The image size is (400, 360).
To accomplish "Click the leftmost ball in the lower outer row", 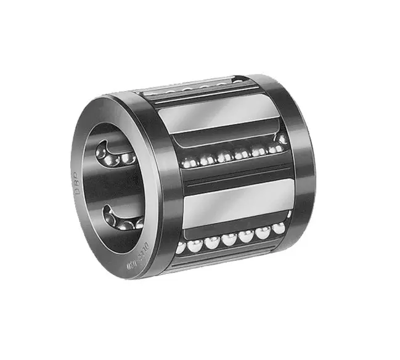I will coord(181,247).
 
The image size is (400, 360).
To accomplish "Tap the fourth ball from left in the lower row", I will coord(230,240).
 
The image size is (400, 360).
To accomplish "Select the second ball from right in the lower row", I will coord(263,232).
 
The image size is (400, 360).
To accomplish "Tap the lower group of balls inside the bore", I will coord(120,219).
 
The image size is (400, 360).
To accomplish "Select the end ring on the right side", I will coord(299,160).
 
